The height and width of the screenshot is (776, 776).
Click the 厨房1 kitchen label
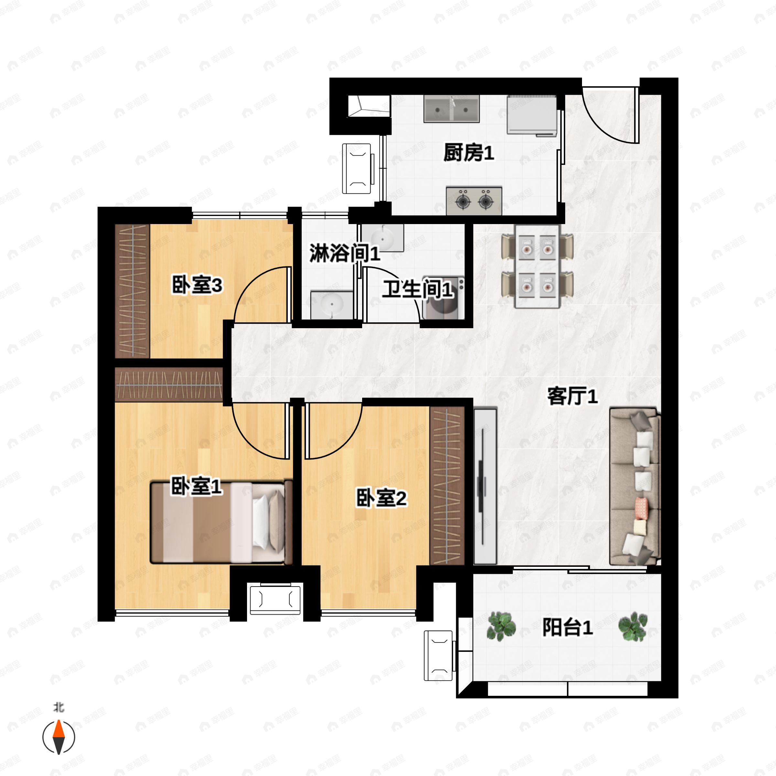pyautogui.click(x=469, y=153)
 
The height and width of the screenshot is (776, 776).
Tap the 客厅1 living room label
pyautogui.click(x=573, y=396)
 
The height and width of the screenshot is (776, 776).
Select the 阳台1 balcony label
pyautogui.click(x=567, y=627)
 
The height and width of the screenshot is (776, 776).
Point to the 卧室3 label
pyautogui.click(x=197, y=286)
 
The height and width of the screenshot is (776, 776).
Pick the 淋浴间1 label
pyautogui.click(x=345, y=253)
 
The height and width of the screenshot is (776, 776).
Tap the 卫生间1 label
pyautogui.click(x=417, y=289)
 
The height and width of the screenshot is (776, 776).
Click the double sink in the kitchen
pyautogui.click(x=451, y=109)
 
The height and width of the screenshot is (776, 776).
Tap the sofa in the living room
pyautogui.click(x=635, y=487)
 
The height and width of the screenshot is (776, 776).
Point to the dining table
pyautogui.click(x=537, y=267)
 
